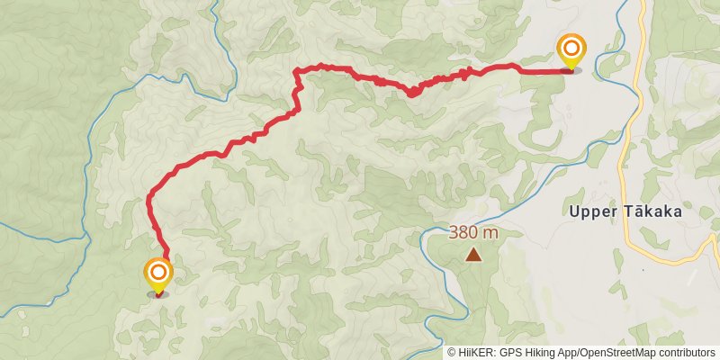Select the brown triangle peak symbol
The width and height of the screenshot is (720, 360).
pyautogui.click(x=473, y=255)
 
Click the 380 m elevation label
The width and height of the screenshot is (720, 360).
pyautogui.click(x=473, y=232)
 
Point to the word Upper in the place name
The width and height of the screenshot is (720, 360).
pyautogui.click(x=591, y=211)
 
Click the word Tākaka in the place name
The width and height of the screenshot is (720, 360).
pyautogui.click(x=649, y=211)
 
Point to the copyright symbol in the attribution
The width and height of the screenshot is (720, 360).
pyautogui.click(x=453, y=353)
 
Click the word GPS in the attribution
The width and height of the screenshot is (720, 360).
pyautogui.click(x=511, y=353)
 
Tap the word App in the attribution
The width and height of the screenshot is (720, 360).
pyautogui.click(x=566, y=353)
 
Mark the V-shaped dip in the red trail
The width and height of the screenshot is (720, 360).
pyautogui.click(x=410, y=92)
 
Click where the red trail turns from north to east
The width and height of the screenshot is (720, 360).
pyautogui.click(x=298, y=71)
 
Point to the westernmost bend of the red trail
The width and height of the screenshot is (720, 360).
pyautogui.click(x=148, y=195)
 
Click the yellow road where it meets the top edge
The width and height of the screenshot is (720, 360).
pyautogui.click(x=642, y=3)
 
